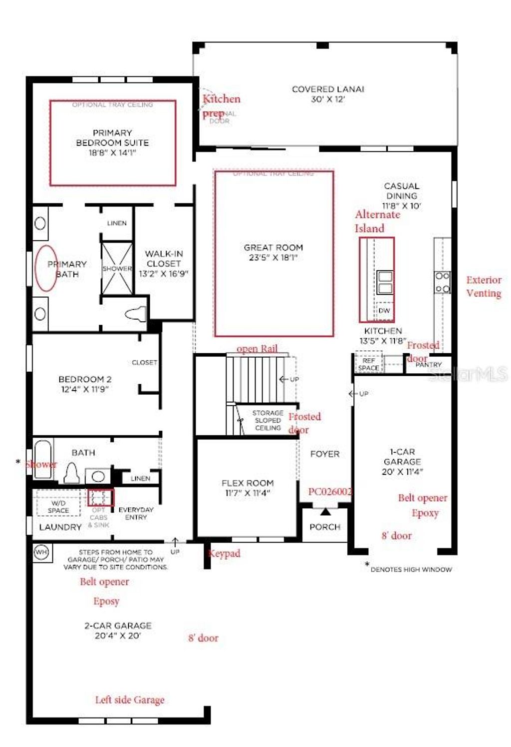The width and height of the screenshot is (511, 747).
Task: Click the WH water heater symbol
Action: point(40,552)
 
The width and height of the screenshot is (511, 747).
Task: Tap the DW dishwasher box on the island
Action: point(384,310)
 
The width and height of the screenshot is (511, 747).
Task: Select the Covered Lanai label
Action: point(328,94)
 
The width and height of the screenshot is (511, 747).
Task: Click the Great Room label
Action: point(273,252)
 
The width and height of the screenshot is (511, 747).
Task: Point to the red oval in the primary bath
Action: point(46,268)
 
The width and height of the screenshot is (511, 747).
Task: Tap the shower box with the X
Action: point(117,268)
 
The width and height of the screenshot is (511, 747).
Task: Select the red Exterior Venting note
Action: point(484,287)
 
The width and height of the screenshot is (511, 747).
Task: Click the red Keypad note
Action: point(224,554)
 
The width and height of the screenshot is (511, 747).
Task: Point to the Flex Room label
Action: point(248,488)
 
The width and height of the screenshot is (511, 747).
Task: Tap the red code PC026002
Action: point(330,492)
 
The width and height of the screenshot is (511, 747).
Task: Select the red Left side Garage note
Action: point(130,700)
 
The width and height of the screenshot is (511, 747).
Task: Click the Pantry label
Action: point(428,365)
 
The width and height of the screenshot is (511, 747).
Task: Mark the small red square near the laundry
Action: point(101,498)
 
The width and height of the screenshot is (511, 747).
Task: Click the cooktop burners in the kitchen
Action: point(443,282)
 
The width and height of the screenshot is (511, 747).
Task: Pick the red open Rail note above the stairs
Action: point(257,349)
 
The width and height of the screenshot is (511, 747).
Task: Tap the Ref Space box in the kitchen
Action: point(368,364)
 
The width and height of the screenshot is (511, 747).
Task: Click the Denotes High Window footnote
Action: point(410,569)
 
